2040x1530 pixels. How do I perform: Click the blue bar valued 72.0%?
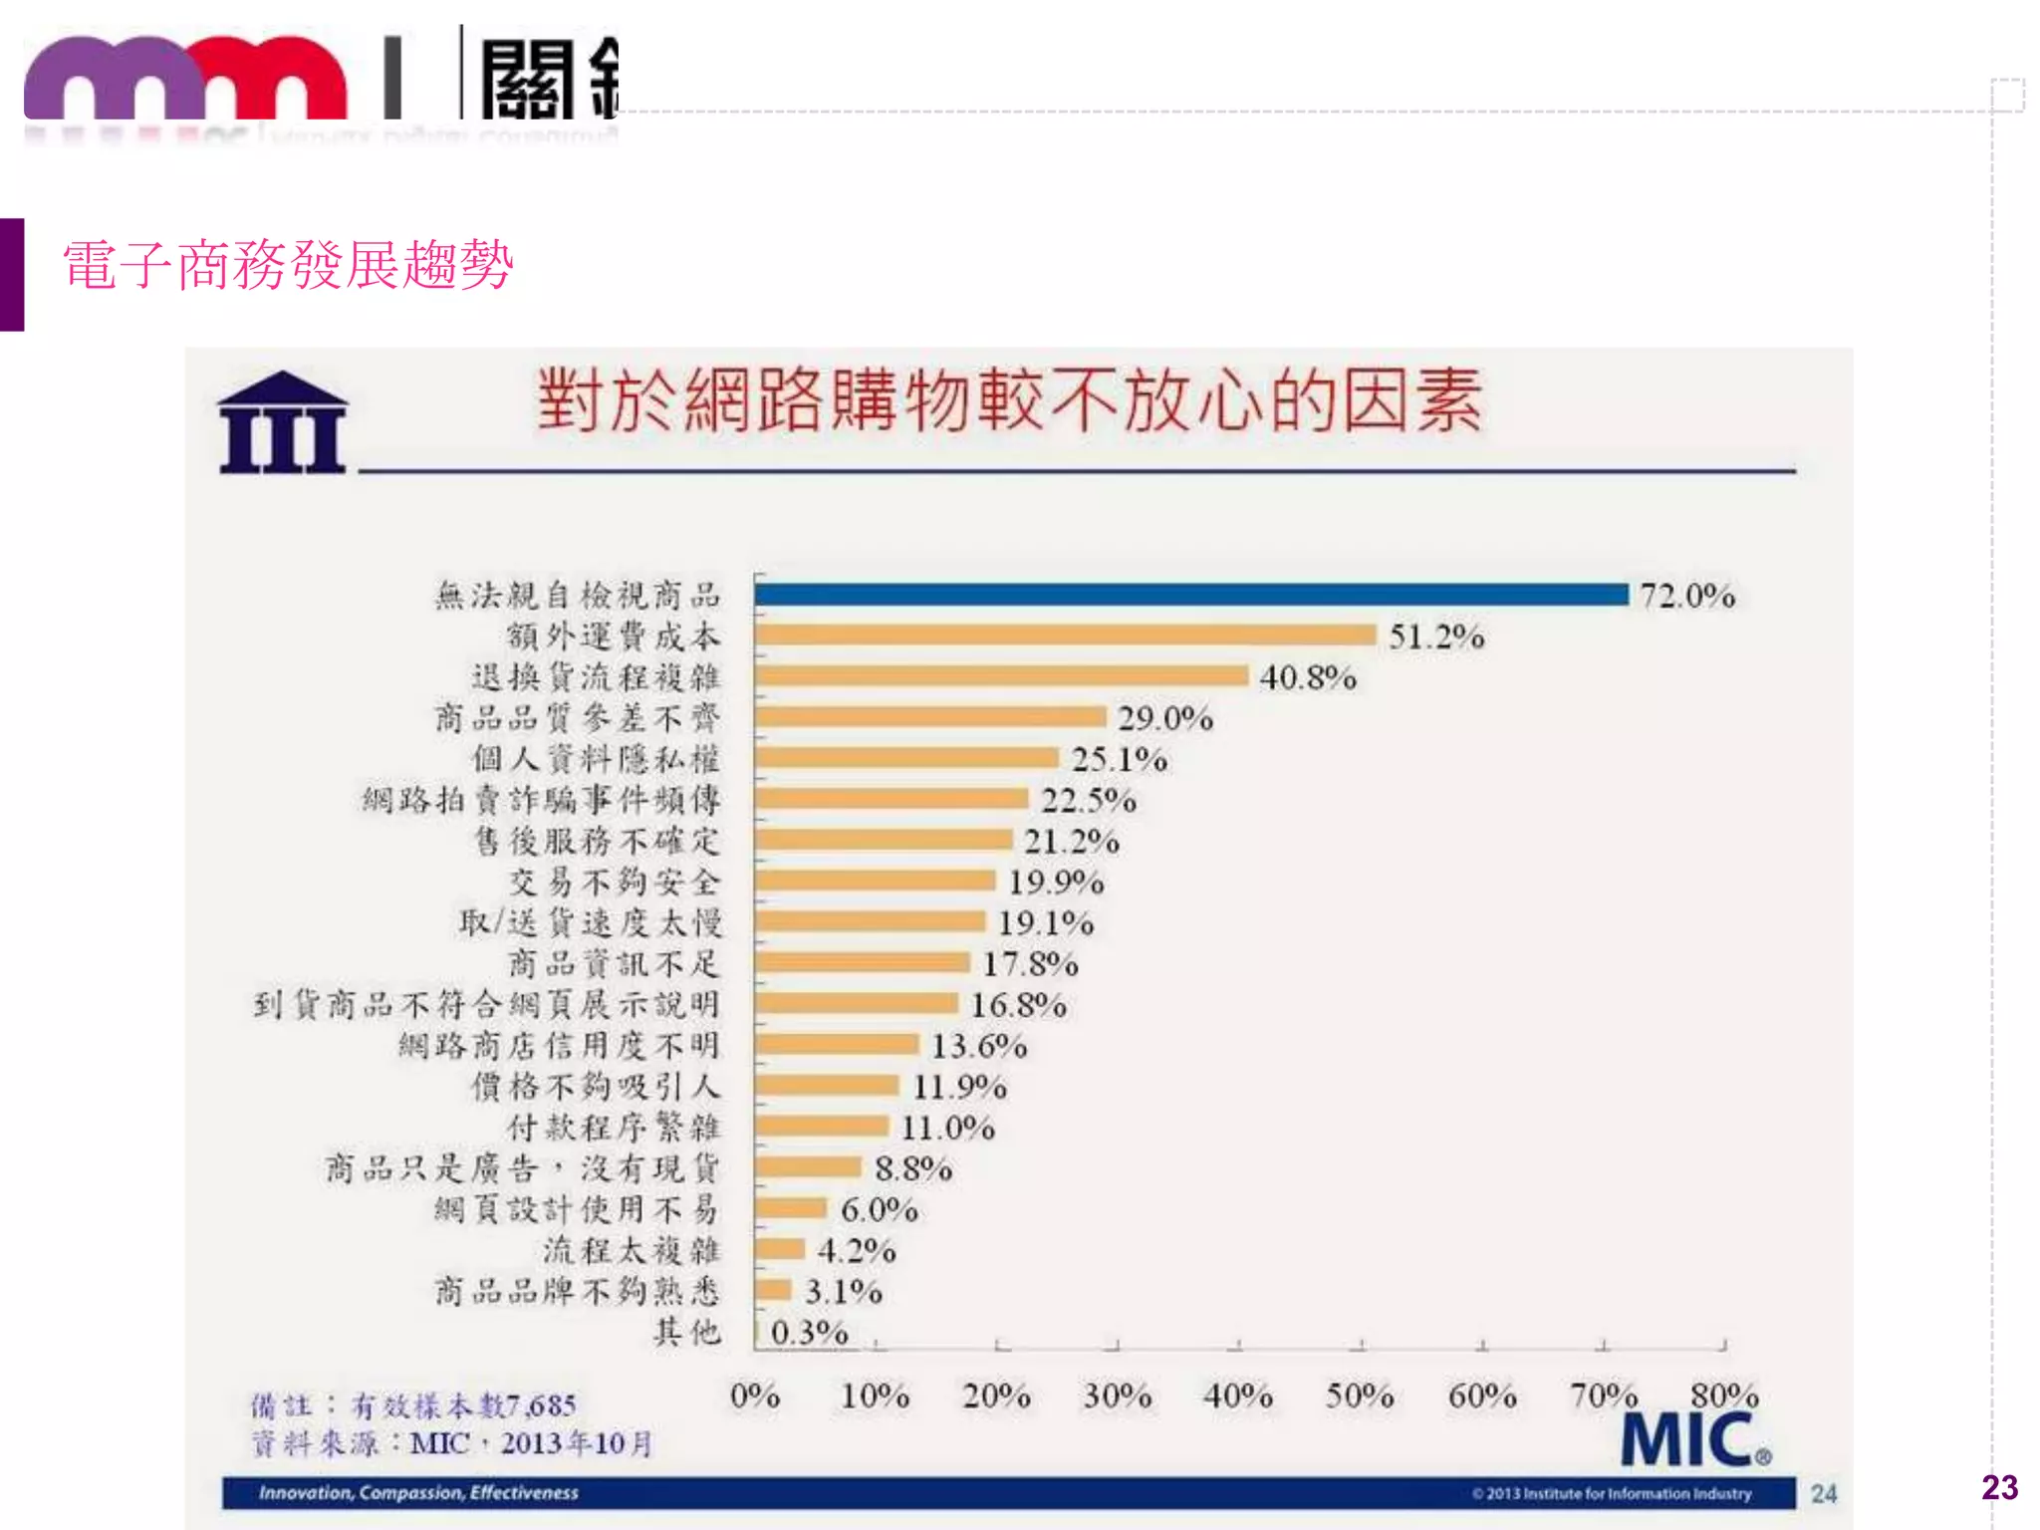pyautogui.click(x=1190, y=595)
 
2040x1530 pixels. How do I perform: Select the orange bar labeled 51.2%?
pyautogui.click(x=1066, y=636)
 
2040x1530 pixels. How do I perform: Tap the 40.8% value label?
pyautogui.click(x=1307, y=678)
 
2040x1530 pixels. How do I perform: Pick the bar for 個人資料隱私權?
pyautogui.click(x=906, y=758)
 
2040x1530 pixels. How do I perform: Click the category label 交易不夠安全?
pyautogui.click(x=614, y=883)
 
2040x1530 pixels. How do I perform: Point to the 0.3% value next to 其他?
pyautogui.click(x=809, y=1333)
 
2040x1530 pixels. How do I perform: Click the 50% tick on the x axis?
pyautogui.click(x=1360, y=1396)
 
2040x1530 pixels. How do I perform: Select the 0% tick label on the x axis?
pyautogui.click(x=754, y=1396)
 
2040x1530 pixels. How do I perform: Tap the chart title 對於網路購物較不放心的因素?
pyautogui.click(x=1009, y=400)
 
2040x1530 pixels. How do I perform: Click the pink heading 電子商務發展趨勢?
pyautogui.click(x=288, y=265)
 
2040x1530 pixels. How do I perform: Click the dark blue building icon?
pyautogui.click(x=283, y=422)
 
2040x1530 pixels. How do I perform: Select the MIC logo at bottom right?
pyautogui.click(x=1694, y=1440)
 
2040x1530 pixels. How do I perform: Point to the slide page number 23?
pyautogui.click(x=1999, y=1487)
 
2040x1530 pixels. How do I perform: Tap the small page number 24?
pyautogui.click(x=1824, y=1493)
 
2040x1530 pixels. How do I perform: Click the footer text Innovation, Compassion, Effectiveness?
pyautogui.click(x=418, y=1492)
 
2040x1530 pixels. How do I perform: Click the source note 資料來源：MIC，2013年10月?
pyautogui.click(x=451, y=1443)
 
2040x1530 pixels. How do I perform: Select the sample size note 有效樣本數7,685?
pyautogui.click(x=464, y=1405)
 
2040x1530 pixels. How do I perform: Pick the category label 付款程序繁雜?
pyautogui.click(x=614, y=1128)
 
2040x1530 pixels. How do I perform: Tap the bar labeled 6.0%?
pyautogui.click(x=791, y=1208)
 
